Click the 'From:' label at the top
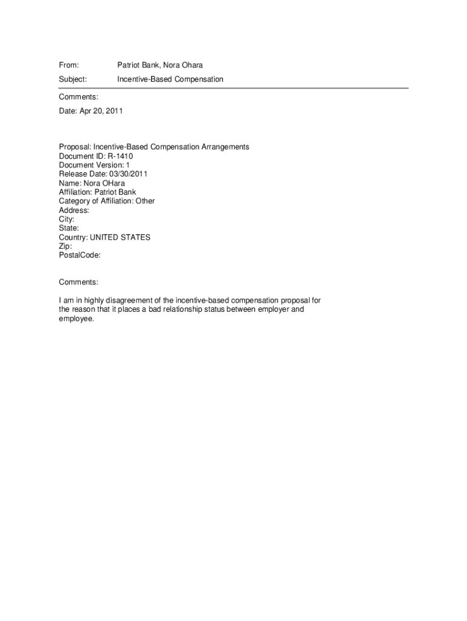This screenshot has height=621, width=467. coord(69,65)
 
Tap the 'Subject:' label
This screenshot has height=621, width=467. coord(73,79)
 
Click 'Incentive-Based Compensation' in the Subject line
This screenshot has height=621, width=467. coord(170,79)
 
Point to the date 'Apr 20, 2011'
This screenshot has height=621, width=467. coord(101,111)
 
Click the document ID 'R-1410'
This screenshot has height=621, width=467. coord(121,156)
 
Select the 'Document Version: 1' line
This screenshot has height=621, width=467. coord(94,165)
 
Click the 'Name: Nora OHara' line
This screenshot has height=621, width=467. coord(92,183)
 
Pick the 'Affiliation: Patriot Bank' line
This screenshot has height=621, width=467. coord(98,192)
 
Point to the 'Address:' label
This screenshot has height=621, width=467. coord(74,210)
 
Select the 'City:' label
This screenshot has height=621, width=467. coord(67,220)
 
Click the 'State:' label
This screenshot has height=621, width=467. coord(69,229)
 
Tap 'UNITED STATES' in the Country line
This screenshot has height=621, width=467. coord(120,238)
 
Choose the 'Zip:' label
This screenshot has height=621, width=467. coord(66,247)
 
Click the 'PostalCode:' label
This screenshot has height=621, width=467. coord(79,256)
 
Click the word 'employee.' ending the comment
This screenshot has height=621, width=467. coord(77,318)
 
